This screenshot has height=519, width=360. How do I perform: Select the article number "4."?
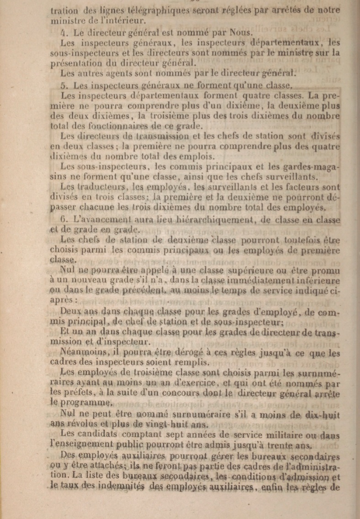[64, 32]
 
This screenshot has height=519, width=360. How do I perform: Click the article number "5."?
[64, 85]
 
